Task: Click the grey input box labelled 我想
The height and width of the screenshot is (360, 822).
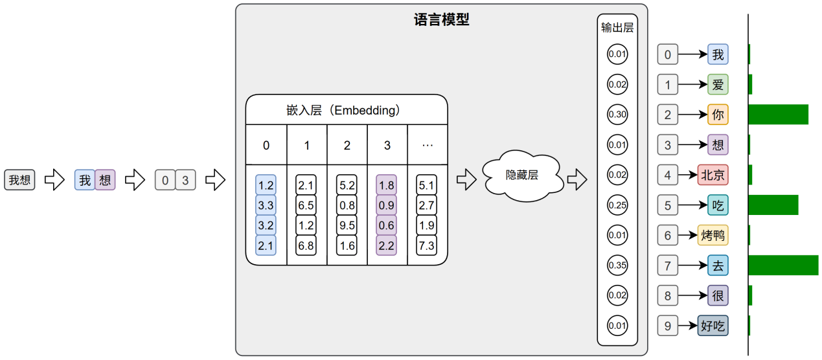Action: click(x=20, y=180)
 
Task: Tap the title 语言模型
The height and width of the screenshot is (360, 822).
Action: click(x=441, y=19)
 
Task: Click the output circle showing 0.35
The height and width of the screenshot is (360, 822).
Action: click(x=617, y=265)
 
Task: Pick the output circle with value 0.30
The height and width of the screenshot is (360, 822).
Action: click(x=617, y=115)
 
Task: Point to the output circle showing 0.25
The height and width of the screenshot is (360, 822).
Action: click(x=617, y=205)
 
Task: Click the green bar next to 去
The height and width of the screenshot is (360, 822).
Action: click(x=783, y=265)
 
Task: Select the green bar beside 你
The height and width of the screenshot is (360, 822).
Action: click(x=778, y=115)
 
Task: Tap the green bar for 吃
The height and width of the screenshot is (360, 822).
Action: click(x=773, y=205)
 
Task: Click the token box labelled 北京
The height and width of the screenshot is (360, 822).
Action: click(x=713, y=175)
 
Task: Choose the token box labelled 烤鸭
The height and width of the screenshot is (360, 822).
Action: click(x=713, y=235)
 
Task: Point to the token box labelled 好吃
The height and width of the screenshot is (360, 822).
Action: click(x=713, y=326)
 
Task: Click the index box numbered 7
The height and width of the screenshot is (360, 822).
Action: click(x=668, y=265)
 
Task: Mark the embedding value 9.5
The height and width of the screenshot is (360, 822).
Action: click(x=347, y=225)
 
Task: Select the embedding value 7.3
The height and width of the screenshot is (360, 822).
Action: click(x=428, y=245)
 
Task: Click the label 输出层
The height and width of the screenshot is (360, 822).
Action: click(x=617, y=28)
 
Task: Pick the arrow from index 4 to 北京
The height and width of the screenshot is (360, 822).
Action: click(x=688, y=175)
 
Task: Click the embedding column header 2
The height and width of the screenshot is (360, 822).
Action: click(x=347, y=146)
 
